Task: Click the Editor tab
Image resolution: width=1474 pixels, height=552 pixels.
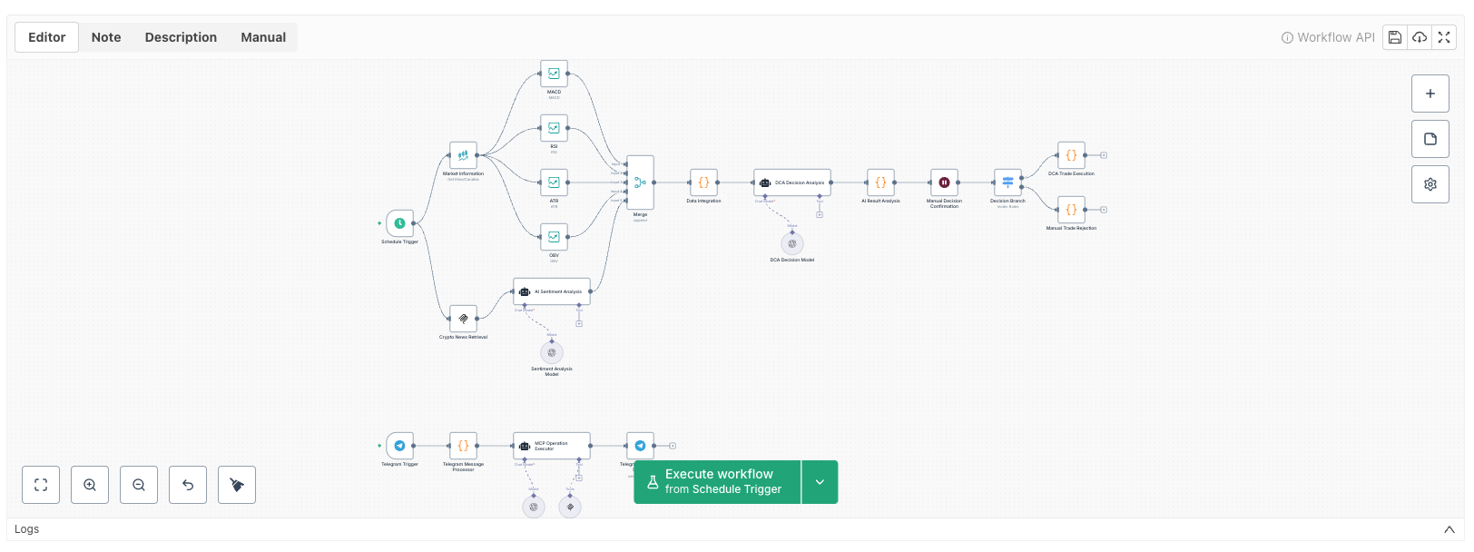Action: (x=46, y=37)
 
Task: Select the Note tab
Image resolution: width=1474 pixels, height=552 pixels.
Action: (x=106, y=37)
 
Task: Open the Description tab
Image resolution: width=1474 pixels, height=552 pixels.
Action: (x=181, y=37)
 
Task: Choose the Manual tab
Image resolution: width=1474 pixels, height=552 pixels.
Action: (x=263, y=37)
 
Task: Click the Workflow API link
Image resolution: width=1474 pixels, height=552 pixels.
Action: (x=1328, y=37)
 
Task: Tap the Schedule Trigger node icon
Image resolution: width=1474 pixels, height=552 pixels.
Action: (x=399, y=223)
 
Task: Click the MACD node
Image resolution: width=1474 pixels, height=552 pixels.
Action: (x=554, y=74)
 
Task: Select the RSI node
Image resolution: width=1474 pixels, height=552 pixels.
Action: (x=554, y=128)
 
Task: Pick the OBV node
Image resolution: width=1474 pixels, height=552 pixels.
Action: (x=554, y=237)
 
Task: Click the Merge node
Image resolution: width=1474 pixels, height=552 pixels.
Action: (x=640, y=182)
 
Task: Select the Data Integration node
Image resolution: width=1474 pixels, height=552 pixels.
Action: (x=703, y=182)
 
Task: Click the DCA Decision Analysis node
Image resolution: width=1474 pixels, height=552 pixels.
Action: (x=791, y=182)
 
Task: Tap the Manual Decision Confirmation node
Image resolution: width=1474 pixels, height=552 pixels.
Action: (x=944, y=182)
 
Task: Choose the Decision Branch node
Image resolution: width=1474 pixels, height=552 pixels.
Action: (x=1007, y=182)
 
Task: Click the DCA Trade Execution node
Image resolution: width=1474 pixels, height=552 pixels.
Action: (x=1071, y=155)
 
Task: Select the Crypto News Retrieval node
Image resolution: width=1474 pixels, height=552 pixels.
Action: (x=463, y=319)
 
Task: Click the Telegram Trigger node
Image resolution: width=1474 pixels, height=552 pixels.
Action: (x=399, y=446)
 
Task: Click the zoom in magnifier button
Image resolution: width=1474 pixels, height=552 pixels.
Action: (x=90, y=485)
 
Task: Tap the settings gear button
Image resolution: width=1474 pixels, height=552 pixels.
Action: (x=1430, y=184)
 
